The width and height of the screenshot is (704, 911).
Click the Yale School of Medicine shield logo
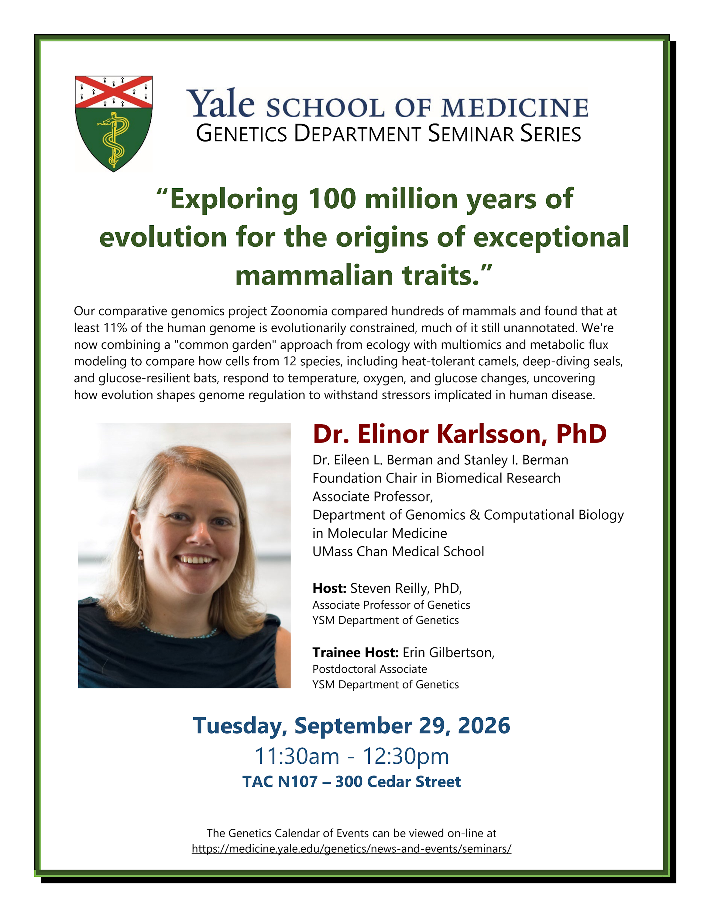pyautogui.click(x=114, y=124)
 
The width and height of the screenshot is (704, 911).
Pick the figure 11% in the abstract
pyautogui.click(x=115, y=328)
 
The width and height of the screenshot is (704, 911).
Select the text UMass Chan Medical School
pyautogui.click(x=398, y=551)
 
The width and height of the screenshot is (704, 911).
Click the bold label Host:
pyautogui.click(x=329, y=588)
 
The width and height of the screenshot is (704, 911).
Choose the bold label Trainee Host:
pyautogui.click(x=355, y=652)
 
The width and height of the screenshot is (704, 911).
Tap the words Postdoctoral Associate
pyautogui.click(x=370, y=669)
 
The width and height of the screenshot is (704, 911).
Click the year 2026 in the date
pyautogui.click(x=484, y=726)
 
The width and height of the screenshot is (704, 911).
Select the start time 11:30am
pyautogui.click(x=297, y=756)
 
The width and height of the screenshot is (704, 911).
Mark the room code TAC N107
pyautogui.click(x=280, y=782)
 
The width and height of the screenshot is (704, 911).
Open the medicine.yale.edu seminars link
pyautogui.click(x=351, y=849)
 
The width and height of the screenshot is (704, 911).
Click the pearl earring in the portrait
pyautogui.click(x=140, y=554)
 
